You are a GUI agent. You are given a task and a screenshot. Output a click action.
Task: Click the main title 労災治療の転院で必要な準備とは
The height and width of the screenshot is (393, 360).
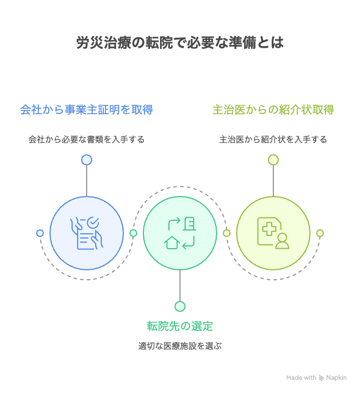180,43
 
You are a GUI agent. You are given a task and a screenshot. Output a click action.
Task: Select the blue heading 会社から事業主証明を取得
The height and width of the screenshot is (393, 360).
87,109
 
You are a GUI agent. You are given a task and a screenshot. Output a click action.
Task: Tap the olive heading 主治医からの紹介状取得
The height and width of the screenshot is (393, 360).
273,109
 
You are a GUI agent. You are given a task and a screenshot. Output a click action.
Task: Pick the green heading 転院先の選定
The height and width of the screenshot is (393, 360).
180,326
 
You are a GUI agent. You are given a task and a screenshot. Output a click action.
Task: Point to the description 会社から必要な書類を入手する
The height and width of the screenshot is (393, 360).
87,139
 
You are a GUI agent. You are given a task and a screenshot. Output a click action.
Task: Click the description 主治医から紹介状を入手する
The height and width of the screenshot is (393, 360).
273,139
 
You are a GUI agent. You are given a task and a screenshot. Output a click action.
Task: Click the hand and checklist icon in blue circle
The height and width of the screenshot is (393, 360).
87,233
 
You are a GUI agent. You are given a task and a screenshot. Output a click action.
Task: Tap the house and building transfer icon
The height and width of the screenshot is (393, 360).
180,233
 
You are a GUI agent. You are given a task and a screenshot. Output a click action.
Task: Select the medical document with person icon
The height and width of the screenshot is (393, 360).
273,233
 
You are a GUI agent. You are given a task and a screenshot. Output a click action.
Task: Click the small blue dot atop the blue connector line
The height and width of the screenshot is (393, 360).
87,160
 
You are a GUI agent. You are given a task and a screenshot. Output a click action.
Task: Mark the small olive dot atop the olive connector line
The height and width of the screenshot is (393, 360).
273,160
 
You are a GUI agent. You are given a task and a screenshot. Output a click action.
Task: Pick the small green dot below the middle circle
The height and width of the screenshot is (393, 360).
180,306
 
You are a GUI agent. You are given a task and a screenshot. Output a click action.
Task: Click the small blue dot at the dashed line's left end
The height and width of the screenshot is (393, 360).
40,233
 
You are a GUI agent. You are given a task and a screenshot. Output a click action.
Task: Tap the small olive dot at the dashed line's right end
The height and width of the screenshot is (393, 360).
320,233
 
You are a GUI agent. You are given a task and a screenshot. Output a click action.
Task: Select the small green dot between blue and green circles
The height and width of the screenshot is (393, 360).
133,233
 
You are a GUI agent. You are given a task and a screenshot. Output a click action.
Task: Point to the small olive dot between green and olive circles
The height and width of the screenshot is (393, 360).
227,233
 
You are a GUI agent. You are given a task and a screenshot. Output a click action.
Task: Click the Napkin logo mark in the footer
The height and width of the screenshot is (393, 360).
322,378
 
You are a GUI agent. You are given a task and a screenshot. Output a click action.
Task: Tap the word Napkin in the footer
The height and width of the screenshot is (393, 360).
337,377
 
